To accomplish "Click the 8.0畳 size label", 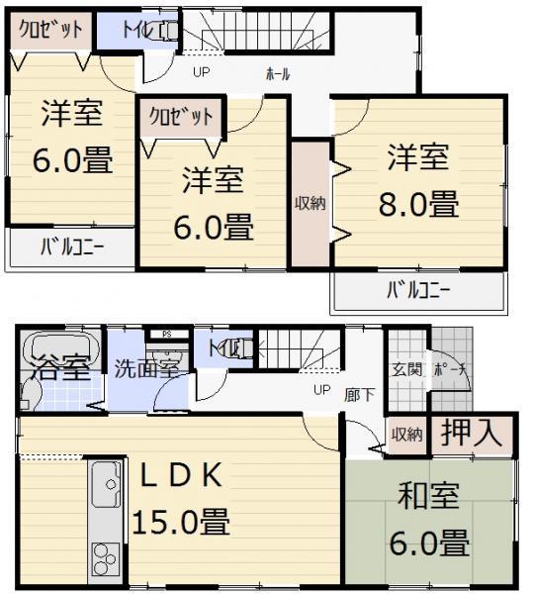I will (417, 205).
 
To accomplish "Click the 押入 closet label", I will (470, 433).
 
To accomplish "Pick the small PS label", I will (167, 335).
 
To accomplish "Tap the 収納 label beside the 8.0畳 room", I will (309, 204).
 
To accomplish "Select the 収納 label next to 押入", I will (405, 434).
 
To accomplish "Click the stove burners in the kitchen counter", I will (103, 556).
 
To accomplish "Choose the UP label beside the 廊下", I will (321, 390).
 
